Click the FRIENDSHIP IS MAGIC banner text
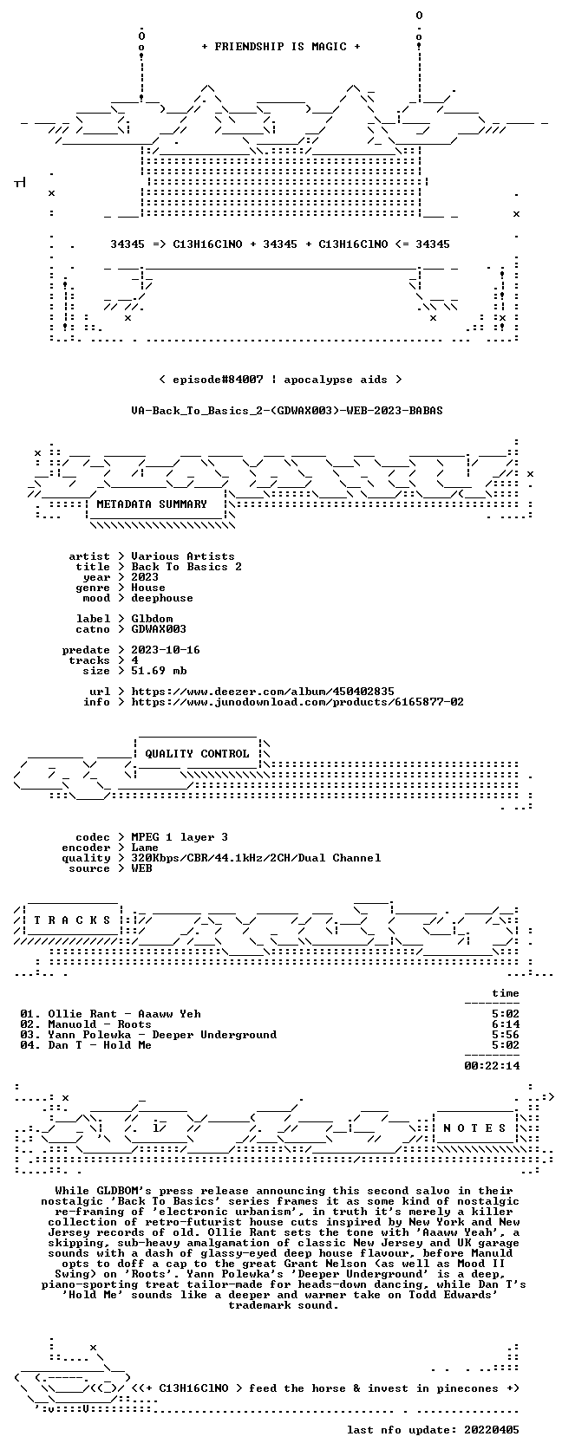point(281,47)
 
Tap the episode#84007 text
point(218,380)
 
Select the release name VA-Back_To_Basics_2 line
point(287,411)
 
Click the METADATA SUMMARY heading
point(152,504)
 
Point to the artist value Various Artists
point(183,556)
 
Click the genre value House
point(148,588)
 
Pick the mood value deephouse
point(162,598)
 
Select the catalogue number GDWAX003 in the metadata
point(159,629)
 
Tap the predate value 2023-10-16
point(166,650)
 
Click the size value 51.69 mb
point(159,671)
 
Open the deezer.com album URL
point(263,692)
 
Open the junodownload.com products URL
point(297,702)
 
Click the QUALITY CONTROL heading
point(197,754)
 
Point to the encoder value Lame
point(145,848)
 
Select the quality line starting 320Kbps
point(256,858)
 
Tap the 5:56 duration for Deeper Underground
point(506,1035)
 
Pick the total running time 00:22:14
point(492,1066)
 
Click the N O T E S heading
point(474,1128)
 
